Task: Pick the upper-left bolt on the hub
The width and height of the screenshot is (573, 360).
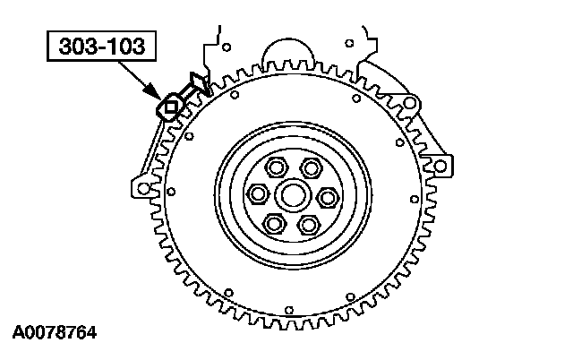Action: (x=275, y=166)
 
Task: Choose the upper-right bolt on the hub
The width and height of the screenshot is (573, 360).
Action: (x=310, y=166)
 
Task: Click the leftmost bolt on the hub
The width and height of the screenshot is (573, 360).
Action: (x=258, y=194)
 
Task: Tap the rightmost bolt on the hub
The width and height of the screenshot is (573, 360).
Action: (x=327, y=195)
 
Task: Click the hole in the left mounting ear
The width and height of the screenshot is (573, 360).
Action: (x=141, y=189)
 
